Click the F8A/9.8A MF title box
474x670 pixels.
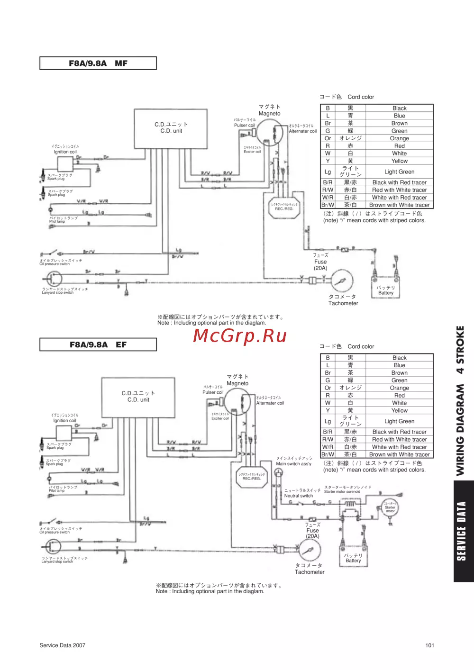[98, 63]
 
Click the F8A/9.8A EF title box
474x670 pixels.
[98, 345]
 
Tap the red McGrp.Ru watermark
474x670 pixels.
[240, 335]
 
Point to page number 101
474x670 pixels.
[429, 645]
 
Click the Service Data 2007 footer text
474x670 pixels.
[63, 645]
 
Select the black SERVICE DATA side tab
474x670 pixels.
[463, 531]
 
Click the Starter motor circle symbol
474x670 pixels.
[390, 507]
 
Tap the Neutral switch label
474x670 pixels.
[299, 496]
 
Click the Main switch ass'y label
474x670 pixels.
[294, 464]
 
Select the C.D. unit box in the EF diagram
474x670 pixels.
[138, 397]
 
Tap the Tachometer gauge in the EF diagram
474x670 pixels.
[310, 551]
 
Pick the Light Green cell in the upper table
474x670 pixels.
[399, 172]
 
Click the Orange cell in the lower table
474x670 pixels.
[399, 388]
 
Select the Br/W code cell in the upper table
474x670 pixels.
[328, 205]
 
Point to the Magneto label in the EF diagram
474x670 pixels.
[237, 383]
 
